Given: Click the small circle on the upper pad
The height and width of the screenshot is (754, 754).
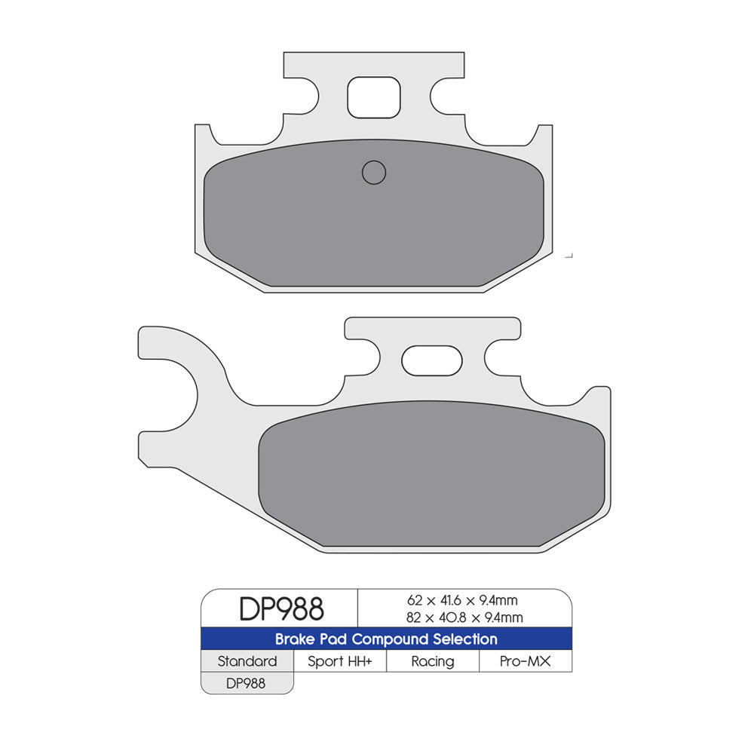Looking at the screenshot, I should coord(374,173).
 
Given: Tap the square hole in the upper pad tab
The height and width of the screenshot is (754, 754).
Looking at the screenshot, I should coord(373,97).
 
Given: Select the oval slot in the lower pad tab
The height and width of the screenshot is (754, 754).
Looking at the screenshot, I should coord(431,360).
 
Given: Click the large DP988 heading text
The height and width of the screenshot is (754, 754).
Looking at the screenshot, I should coord(281,608).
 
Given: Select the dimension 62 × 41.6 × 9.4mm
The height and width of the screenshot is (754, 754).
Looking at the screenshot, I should coord(462,601).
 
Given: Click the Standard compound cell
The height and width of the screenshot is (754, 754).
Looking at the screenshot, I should coord(247,661).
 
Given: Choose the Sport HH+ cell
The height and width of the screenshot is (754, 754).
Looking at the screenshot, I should coord(339,661).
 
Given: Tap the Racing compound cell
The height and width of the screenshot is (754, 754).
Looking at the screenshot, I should coord(433,661).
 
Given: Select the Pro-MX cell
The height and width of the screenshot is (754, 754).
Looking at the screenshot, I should coord(526,661).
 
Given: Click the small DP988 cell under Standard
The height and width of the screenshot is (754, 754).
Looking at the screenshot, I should coord(247,682).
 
